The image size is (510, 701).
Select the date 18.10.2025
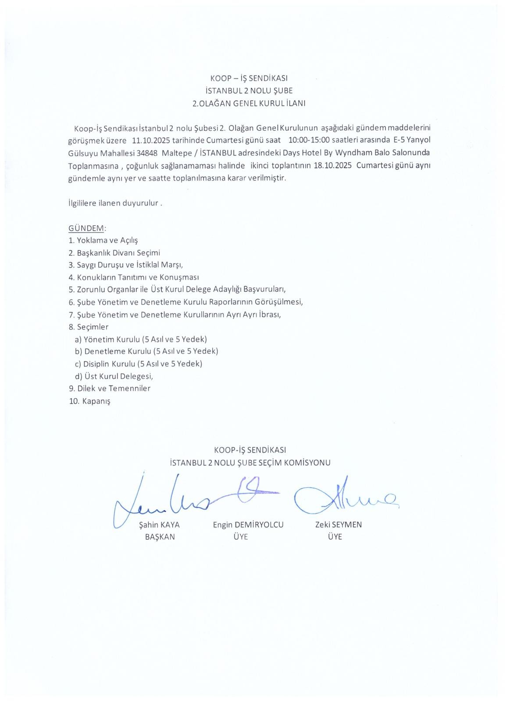tap(333, 166)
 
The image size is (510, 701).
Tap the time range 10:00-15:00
tap(309, 141)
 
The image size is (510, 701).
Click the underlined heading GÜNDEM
tap(86, 228)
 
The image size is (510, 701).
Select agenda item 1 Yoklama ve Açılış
tap(103, 241)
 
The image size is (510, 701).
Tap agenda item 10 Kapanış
tap(90, 401)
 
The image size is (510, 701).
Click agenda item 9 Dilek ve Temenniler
tap(110, 389)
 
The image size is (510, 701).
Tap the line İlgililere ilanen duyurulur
tap(115, 204)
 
